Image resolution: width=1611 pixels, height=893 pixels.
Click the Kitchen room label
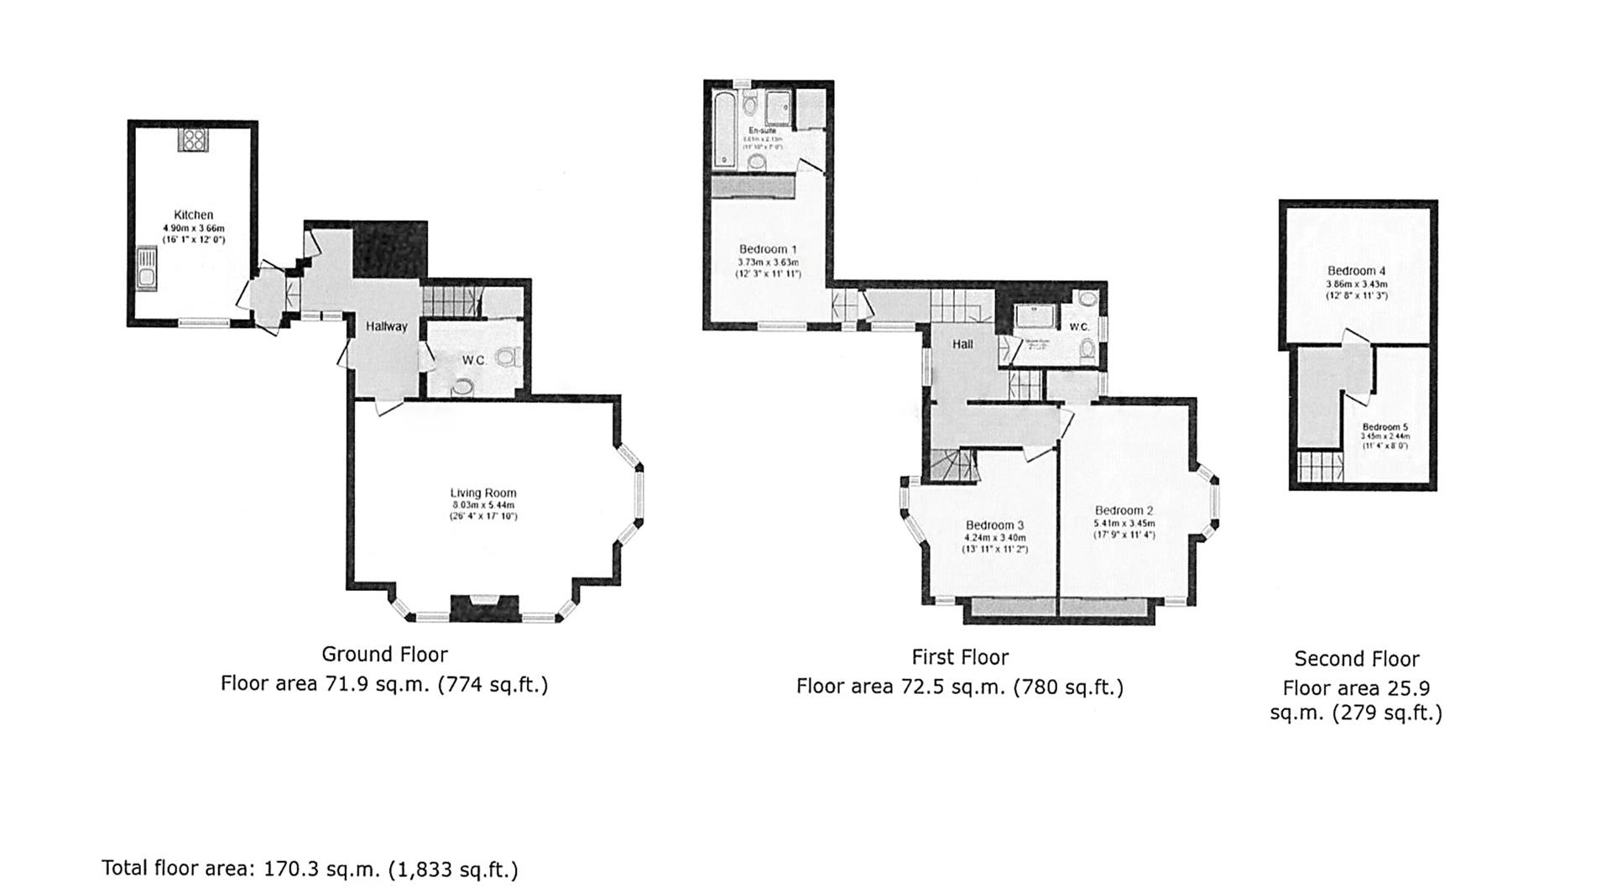193,215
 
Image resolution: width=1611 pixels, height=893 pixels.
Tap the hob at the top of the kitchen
193,140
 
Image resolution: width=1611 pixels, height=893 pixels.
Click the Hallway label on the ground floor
386,326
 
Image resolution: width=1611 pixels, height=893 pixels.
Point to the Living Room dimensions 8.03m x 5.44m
482,505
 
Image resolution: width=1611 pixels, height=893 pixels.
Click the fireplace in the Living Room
484,608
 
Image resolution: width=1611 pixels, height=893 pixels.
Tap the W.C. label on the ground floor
473,360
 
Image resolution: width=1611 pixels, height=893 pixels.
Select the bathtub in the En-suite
723,130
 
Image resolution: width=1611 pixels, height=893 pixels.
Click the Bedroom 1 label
768,249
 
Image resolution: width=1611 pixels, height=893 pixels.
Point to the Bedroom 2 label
1124,510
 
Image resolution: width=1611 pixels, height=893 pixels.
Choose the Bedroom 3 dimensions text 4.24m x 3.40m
995,538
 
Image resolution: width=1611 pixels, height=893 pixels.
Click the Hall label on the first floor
962,344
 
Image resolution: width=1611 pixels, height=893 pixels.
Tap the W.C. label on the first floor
1078,326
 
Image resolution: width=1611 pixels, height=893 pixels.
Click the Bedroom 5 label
1384,426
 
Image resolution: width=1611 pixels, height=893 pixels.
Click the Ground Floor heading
384,655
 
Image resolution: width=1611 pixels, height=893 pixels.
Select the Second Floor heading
1356,659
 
